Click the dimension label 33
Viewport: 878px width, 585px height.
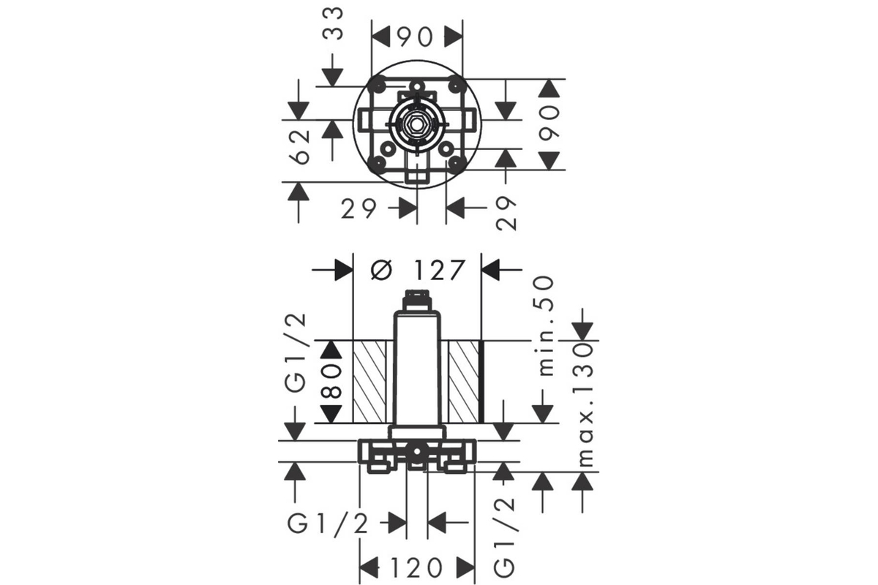click(x=333, y=24)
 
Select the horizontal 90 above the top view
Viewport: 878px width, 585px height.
click(x=416, y=37)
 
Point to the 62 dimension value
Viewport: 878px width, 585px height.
click(x=300, y=146)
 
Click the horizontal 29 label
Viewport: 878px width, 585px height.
click(x=359, y=208)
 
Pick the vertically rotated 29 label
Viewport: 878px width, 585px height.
click(x=506, y=213)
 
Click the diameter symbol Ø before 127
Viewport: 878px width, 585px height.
click(x=381, y=270)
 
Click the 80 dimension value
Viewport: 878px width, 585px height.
click(x=331, y=381)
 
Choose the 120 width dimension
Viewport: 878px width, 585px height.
click(x=417, y=567)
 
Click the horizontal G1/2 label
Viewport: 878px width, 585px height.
click(x=328, y=524)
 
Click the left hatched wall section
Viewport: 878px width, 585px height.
click(x=369, y=382)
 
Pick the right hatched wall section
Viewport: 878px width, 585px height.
click(x=464, y=382)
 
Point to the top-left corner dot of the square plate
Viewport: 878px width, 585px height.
click(x=379, y=85)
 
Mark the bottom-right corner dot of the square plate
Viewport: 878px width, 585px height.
click(x=454, y=162)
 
